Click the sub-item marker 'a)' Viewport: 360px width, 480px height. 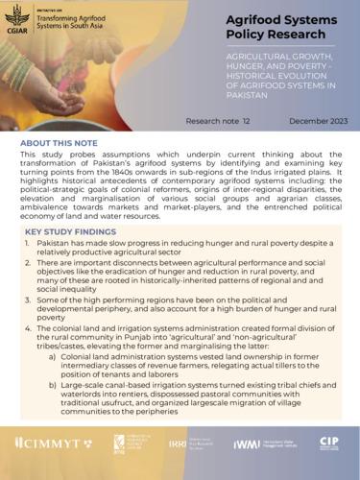point(51,357)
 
